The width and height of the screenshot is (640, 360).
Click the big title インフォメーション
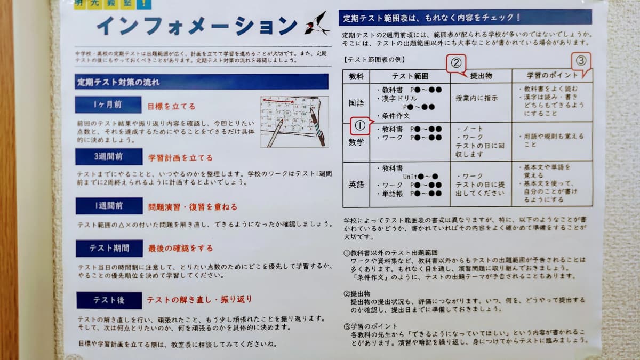[196, 26]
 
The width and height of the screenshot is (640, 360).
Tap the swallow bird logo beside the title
[316, 24]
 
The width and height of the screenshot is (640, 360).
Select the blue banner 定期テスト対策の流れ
[202, 82]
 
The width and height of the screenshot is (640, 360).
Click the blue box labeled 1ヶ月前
[108, 105]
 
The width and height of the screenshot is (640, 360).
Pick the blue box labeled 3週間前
[108, 157]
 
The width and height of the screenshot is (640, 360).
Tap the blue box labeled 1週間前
[108, 206]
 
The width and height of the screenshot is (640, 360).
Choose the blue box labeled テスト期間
[109, 248]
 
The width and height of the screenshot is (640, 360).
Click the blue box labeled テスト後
[109, 300]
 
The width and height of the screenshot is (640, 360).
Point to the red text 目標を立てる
[171, 106]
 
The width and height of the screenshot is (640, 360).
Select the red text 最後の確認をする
[180, 248]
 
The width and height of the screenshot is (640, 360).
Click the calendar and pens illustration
[294, 122]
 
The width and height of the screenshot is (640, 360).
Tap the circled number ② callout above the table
[456, 63]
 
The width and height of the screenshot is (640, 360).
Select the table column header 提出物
[481, 76]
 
